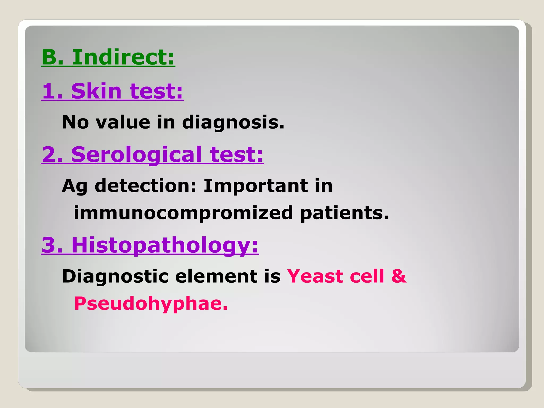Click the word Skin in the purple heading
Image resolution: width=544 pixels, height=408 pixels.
(96, 91)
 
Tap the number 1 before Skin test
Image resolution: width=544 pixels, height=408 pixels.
(50, 91)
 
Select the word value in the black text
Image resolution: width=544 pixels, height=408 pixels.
(123, 122)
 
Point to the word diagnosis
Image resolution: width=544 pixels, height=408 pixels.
(233, 122)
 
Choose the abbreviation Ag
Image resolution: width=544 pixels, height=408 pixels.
(75, 186)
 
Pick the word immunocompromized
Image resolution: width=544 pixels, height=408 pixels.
(183, 213)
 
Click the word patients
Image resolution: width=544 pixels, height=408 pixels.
(345, 213)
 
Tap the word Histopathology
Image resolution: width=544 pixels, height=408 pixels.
(165, 245)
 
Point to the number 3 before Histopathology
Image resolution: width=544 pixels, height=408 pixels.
(49, 245)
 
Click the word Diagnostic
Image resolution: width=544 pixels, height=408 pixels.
(115, 276)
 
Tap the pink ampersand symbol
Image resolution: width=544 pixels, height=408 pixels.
(399, 276)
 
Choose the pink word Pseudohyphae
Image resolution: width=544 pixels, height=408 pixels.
(151, 304)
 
